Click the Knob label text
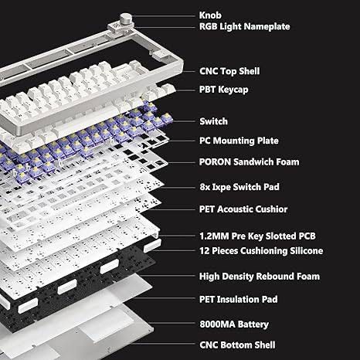(x=210, y=15)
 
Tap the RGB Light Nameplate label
(x=245, y=26)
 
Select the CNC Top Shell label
(x=229, y=71)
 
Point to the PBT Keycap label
(x=224, y=90)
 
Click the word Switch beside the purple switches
(x=214, y=121)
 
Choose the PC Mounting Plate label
(x=239, y=141)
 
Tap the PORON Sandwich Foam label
(x=250, y=162)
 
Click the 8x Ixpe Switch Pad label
(x=239, y=187)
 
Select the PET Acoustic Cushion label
(x=243, y=209)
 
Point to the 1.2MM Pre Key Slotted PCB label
(x=257, y=236)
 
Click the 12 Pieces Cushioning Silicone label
(x=261, y=251)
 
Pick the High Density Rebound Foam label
(x=260, y=277)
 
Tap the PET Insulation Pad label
(x=239, y=299)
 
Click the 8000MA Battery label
(x=234, y=324)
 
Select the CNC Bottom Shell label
(x=237, y=345)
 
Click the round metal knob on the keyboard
(x=126, y=19)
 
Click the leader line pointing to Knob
(x=163, y=16)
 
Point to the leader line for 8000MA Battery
(x=172, y=323)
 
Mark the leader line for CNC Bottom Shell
(x=162, y=344)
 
